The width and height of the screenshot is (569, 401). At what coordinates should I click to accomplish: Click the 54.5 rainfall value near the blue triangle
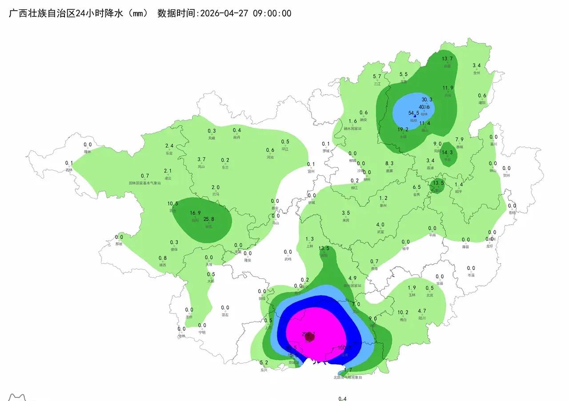pos(413,113)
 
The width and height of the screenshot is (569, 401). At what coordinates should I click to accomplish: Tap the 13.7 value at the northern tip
pos(447,59)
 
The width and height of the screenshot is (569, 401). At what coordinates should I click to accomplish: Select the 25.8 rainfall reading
pos(209,219)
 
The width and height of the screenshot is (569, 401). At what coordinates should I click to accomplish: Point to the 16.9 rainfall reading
pos(196,213)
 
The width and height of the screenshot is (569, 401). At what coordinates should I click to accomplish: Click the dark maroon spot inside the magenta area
pos(310,337)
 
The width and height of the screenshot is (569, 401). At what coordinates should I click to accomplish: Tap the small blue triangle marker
pos(415,116)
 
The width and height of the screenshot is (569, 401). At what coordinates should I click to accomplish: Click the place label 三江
pos(377,83)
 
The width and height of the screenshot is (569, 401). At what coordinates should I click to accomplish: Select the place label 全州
pos(477,73)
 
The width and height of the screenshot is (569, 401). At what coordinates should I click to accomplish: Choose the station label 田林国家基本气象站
pos(144,183)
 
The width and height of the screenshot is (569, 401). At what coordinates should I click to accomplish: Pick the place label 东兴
pos(264,369)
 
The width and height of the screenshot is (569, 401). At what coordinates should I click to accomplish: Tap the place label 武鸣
pos(288,259)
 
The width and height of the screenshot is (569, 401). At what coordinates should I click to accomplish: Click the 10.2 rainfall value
pos(403,312)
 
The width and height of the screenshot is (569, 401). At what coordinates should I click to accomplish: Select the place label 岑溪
pos(471,275)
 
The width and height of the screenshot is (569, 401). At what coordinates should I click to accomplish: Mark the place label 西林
pos(69,170)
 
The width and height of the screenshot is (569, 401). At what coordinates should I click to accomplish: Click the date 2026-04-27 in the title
pos(225,13)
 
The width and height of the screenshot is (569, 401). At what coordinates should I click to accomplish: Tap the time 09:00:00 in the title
pos(272,13)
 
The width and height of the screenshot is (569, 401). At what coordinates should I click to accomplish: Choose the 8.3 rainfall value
pos(389,164)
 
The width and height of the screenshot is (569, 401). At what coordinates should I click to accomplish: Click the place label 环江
pos(285,149)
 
